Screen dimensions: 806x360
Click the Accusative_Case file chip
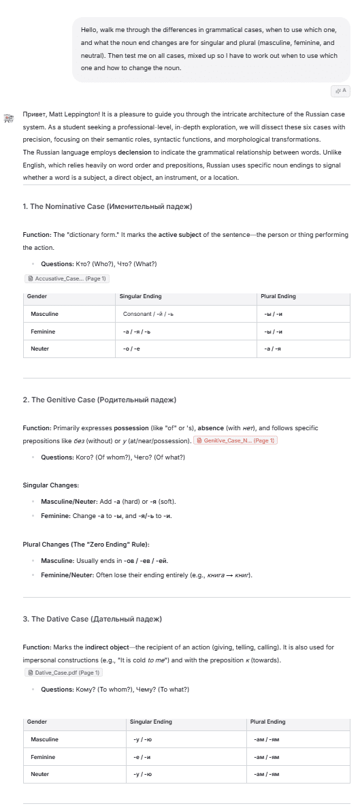pos(67,278)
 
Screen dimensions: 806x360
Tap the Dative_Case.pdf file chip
pos(63,673)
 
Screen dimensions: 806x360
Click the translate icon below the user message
pos(340,91)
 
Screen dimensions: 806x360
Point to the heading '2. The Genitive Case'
pos(99,400)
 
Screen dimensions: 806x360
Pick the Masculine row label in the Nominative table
pos(44,314)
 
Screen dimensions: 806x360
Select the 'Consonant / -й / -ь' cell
pos(148,314)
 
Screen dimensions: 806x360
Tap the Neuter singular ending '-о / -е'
pos(131,349)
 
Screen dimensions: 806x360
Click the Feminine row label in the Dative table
pos(43,756)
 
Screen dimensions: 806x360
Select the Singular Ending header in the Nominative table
pos(140,297)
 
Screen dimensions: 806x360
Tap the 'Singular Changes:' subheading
pos(51,485)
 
